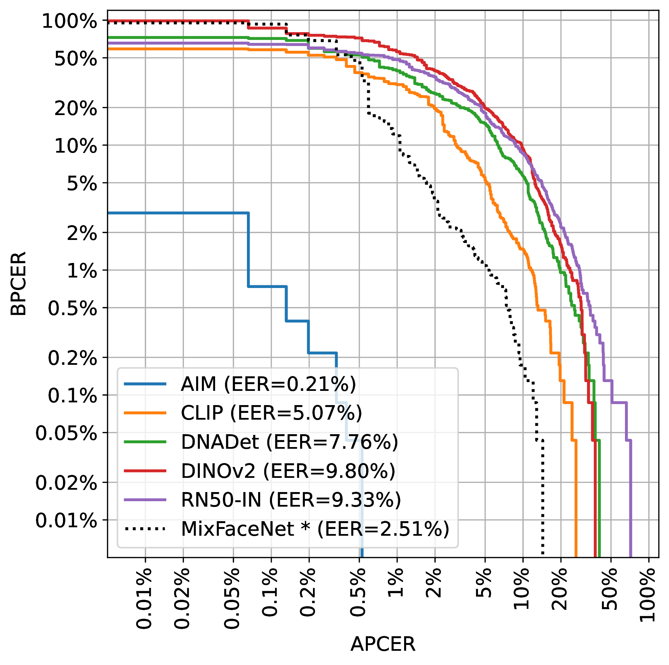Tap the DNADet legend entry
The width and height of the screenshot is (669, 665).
(290, 442)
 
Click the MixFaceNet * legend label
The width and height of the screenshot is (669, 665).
(315, 529)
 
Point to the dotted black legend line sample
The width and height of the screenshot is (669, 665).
(145, 529)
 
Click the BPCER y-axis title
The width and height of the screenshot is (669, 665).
(18, 284)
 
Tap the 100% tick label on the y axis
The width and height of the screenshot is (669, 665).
(69, 22)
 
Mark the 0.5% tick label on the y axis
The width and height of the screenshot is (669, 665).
(72, 309)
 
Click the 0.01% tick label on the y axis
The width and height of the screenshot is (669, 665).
(66, 521)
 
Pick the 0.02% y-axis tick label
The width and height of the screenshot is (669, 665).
(66, 483)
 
